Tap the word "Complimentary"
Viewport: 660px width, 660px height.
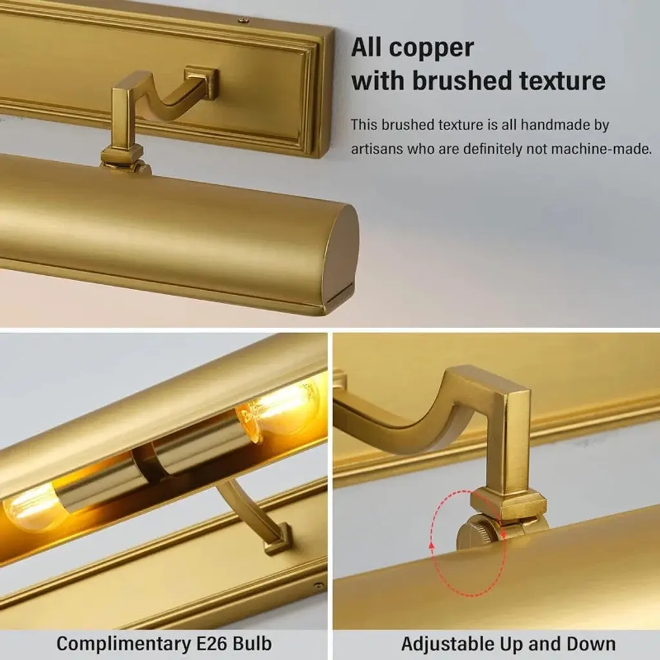(124, 645)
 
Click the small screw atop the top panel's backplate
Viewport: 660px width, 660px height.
(242, 19)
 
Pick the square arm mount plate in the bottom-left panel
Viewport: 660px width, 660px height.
(278, 539)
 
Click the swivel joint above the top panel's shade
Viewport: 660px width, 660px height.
(126, 162)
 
